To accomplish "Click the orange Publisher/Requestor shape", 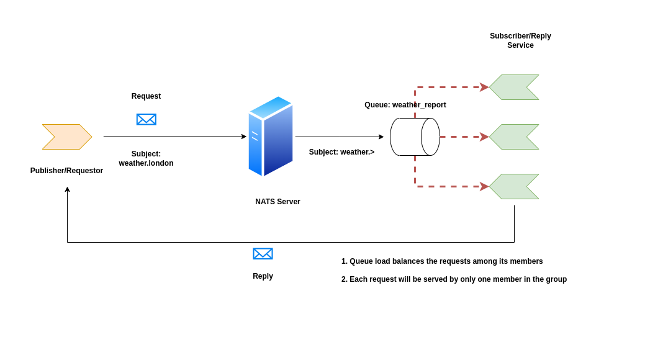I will (x=66, y=137).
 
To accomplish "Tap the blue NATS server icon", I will (x=271, y=137).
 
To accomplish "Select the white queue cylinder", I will (x=415, y=137).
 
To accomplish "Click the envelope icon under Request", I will (x=146, y=119).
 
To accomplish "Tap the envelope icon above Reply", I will (x=263, y=254).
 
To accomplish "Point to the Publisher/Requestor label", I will (x=66, y=171).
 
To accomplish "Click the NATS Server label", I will (x=277, y=202).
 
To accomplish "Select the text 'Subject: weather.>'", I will (x=341, y=152).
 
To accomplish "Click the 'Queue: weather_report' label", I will (x=405, y=105).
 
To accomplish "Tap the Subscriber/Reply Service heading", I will (x=520, y=40).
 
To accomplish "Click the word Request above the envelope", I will (x=146, y=96).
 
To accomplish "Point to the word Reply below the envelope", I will (x=263, y=276).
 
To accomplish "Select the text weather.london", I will (x=146, y=163).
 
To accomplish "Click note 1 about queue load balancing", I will (x=442, y=261).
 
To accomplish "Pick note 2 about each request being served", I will (x=454, y=279).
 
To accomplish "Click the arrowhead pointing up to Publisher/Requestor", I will (x=67, y=189).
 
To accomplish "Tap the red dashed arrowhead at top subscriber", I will (x=484, y=87).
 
